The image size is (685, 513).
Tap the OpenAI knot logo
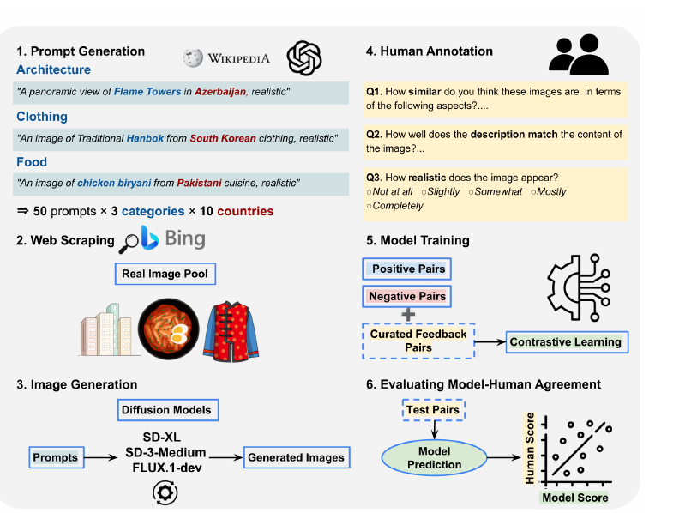pyautogui.click(x=304, y=58)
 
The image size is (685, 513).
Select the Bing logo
pyautogui.click(x=173, y=238)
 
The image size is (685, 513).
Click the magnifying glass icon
pyautogui.click(x=129, y=244)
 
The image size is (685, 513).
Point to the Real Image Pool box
pyautogui.click(x=165, y=274)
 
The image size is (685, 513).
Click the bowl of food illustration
pyautogui.click(x=169, y=329)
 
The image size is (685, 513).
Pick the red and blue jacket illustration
pyautogui.click(x=231, y=331)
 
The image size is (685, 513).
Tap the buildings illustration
pyautogui.click(x=106, y=330)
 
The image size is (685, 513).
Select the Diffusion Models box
pyautogui.click(x=168, y=410)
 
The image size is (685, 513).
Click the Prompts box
pyautogui.click(x=57, y=457)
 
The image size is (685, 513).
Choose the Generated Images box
pyautogui.click(x=297, y=457)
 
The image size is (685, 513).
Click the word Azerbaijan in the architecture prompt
pyautogui.click(x=220, y=92)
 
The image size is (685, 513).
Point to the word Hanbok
pyautogui.click(x=145, y=138)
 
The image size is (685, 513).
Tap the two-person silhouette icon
pyautogui.click(x=579, y=54)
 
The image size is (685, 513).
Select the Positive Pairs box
pyautogui.click(x=406, y=269)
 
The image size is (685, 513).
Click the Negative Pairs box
pyautogui.click(x=406, y=296)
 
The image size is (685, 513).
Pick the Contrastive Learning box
pyautogui.click(x=567, y=342)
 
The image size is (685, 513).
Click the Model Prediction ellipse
pyautogui.click(x=435, y=457)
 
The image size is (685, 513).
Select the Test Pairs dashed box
pyautogui.click(x=433, y=410)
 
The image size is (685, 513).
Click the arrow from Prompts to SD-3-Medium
pyautogui.click(x=100, y=457)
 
